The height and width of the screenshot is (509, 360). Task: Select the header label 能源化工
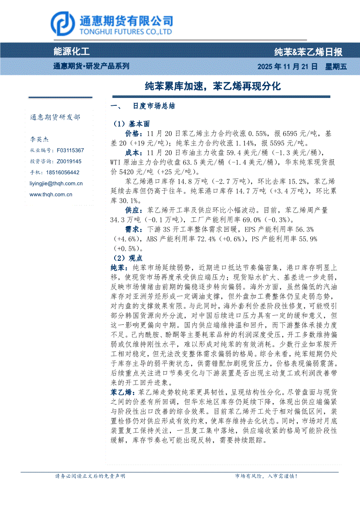(x=71, y=52)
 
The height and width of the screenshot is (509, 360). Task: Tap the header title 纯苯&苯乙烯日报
(x=308, y=52)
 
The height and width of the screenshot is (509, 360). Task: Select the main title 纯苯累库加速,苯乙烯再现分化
(x=213, y=86)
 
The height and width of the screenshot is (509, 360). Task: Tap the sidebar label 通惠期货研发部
(x=54, y=118)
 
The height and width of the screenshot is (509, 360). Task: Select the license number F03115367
(x=70, y=150)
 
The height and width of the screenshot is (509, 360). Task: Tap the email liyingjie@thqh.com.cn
(x=56, y=184)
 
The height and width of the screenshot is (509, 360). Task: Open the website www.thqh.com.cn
(x=51, y=195)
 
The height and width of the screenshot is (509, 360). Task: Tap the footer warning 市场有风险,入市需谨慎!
(x=266, y=476)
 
